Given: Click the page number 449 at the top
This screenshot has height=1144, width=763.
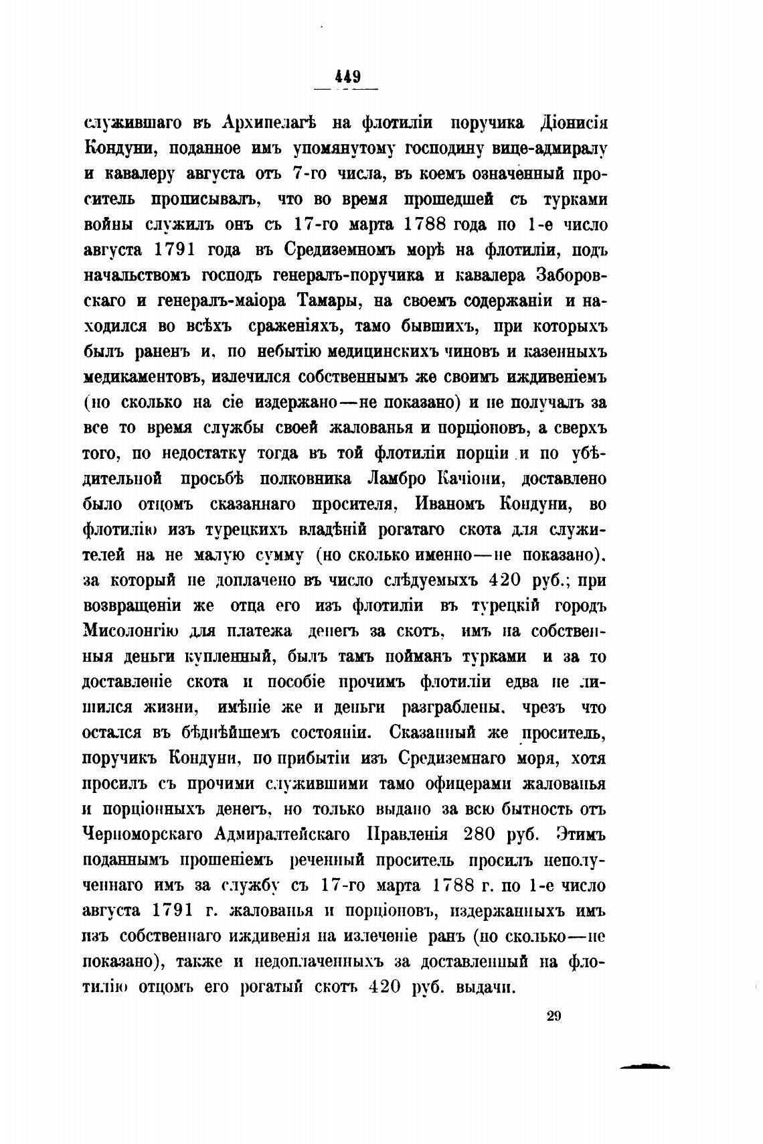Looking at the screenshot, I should click(347, 76).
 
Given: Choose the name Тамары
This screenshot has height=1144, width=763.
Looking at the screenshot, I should click(327, 301).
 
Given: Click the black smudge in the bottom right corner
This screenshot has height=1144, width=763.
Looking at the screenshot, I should click(645, 1067).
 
